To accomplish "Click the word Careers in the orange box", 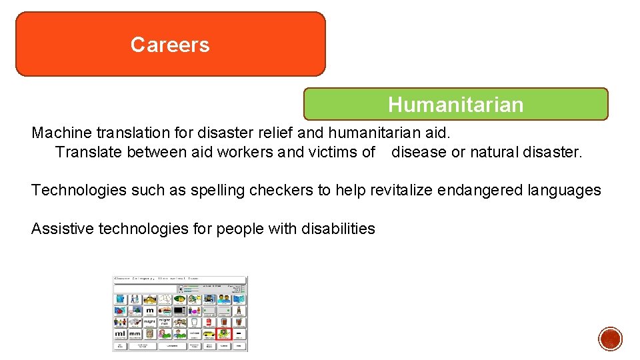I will tap(170, 45).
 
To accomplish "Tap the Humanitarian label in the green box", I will tap(455, 105).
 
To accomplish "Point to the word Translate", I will tap(89, 152).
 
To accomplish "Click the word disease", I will tap(419, 152).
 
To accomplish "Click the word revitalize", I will tap(401, 190).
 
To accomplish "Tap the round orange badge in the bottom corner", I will tap(610, 339).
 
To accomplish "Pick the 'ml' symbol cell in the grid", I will tap(120, 333).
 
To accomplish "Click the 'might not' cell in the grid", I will tap(165, 321).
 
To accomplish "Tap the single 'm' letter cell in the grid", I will tap(150, 310).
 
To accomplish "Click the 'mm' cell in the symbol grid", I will tap(135, 333).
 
